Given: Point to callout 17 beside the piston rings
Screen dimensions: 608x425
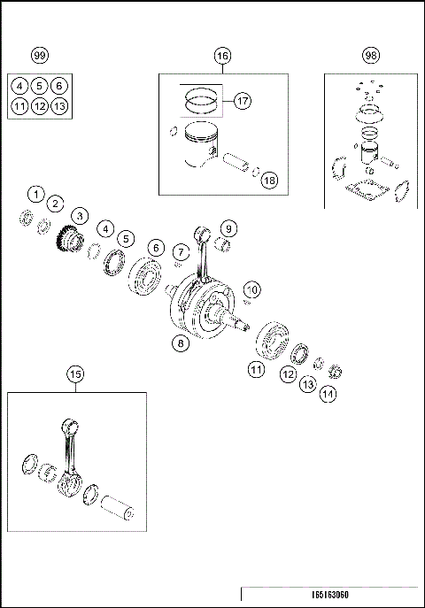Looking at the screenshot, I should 243,101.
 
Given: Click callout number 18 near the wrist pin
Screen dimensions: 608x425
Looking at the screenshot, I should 269,180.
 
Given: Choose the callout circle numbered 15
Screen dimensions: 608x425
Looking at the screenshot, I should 76,375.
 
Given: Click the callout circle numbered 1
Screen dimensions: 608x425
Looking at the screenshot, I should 35,193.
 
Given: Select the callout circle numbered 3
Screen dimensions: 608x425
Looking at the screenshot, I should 80,215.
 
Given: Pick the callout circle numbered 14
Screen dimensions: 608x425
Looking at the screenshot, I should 328,396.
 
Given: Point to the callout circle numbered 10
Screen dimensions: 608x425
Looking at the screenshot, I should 252,289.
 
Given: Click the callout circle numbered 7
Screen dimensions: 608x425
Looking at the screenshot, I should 180,252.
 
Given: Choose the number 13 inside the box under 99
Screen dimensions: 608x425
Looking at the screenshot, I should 58,106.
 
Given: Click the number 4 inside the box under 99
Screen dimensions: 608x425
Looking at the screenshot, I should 19,86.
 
